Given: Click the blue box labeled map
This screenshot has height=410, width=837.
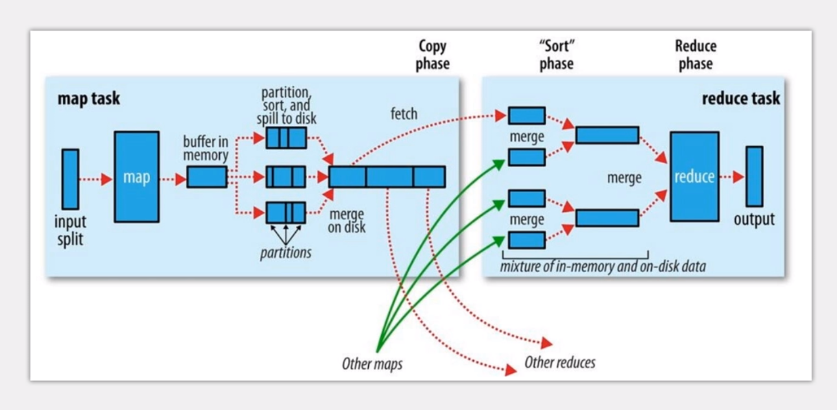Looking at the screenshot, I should pyautogui.click(x=136, y=177).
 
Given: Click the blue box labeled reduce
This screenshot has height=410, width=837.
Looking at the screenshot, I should pyautogui.click(x=694, y=177).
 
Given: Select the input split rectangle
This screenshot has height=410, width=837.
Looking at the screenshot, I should pyautogui.click(x=70, y=178).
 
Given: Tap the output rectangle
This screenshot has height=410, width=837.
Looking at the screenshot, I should pyautogui.click(x=754, y=176).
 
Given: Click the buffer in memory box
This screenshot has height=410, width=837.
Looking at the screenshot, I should pyautogui.click(x=207, y=177).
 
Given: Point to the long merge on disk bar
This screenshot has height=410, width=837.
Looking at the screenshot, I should pyautogui.click(x=387, y=177).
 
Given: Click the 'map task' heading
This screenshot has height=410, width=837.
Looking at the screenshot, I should pyautogui.click(x=89, y=98).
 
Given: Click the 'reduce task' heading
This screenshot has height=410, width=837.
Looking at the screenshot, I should pyautogui.click(x=740, y=98).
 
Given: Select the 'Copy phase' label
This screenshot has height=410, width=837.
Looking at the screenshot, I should pyautogui.click(x=433, y=55).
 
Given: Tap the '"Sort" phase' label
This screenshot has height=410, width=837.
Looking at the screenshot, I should pyautogui.click(x=556, y=55).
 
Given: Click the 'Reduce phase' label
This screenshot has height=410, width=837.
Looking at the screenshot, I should pyautogui.click(x=695, y=55).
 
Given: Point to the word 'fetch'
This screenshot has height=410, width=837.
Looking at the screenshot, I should pyautogui.click(x=404, y=114).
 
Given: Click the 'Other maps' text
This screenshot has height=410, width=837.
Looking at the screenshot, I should pyautogui.click(x=372, y=364).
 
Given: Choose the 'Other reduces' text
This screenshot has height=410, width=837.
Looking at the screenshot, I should pyautogui.click(x=560, y=361).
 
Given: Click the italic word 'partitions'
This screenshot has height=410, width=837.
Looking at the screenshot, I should pyautogui.click(x=286, y=252).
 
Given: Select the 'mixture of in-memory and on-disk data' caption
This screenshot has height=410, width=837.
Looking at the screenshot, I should pyautogui.click(x=603, y=266).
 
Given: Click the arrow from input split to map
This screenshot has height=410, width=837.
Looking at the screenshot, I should pyautogui.click(x=96, y=180).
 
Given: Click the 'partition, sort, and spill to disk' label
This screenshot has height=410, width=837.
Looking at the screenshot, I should pyautogui.click(x=286, y=106).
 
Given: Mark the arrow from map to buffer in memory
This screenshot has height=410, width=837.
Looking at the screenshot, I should pyautogui.click(x=173, y=180).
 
